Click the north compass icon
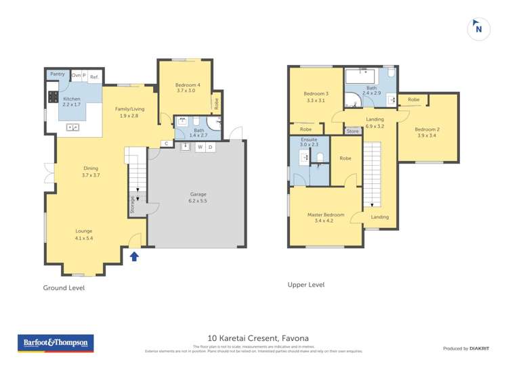pos(479,29)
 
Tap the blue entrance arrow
pos(134,256)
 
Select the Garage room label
pos(197,198)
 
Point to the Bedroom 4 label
pos(186,87)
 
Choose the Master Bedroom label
pos(326,218)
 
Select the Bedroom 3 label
pos(316,97)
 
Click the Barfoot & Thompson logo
pos(55,343)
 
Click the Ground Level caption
pos(64,287)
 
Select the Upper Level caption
pos(306,285)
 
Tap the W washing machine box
pos(200,147)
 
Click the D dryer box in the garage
pos(210,147)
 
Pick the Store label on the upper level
pos(353,150)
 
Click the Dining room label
pos(91,172)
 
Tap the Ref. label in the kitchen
pos(94,76)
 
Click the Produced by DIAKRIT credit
pos(466,348)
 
